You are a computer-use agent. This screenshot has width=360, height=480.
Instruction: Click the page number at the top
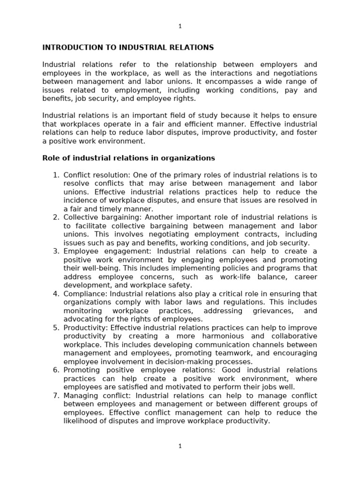tap(180, 26)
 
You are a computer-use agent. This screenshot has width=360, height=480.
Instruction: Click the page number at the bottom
tap(180, 446)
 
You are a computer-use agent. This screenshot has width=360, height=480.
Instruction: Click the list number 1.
tap(55, 175)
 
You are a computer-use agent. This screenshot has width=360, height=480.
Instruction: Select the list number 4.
tap(55, 294)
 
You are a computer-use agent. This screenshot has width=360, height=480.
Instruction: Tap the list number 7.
tap(55, 396)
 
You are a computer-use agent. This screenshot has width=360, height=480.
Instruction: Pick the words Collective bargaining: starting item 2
tap(103, 217)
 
